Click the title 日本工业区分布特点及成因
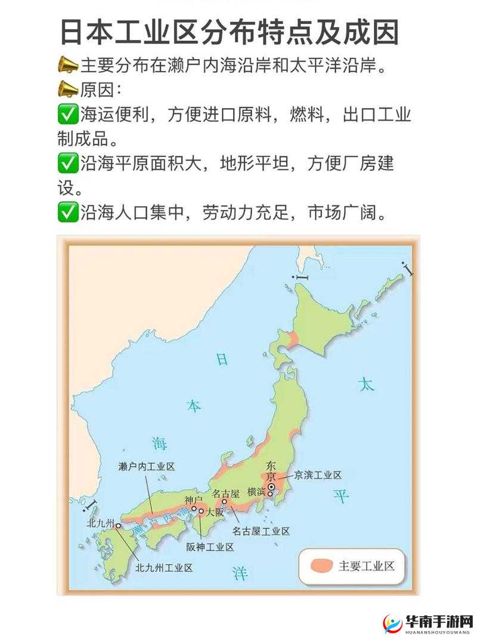tap(230, 33)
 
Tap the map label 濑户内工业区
tap(147, 467)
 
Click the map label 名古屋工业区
tap(261, 531)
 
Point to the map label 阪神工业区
tap(210, 546)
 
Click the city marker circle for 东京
tap(271, 487)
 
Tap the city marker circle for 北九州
tap(118, 526)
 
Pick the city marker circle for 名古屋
tap(225, 501)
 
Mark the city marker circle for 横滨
tap(270, 494)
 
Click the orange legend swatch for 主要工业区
tap(321, 566)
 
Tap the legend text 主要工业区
tap(367, 566)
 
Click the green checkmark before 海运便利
tap(67, 113)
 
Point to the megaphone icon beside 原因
tap(67, 90)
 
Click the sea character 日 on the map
tap(222, 359)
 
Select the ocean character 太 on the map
tap(366, 384)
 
